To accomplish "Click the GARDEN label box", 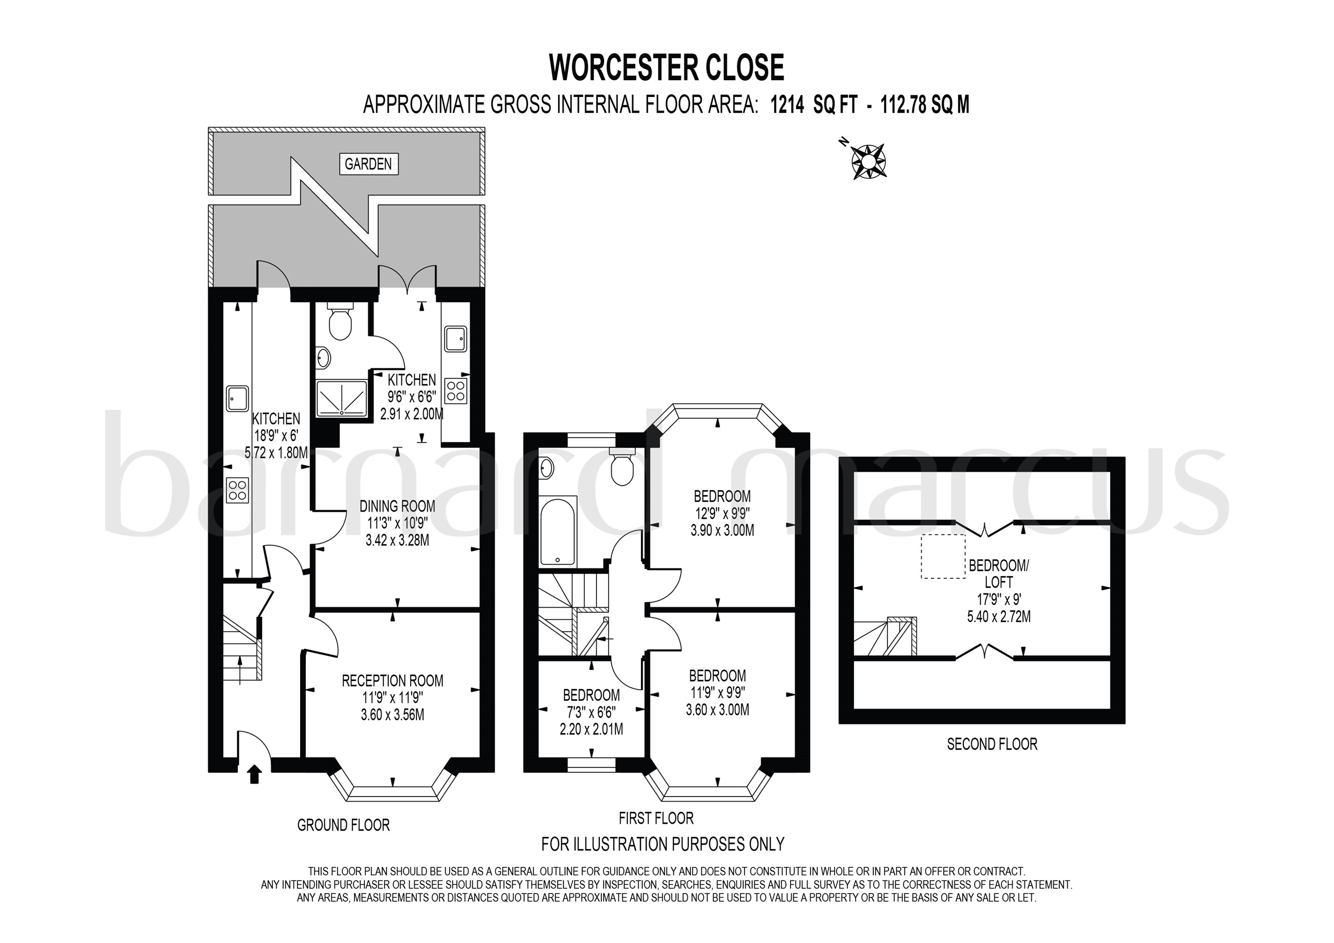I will tap(368, 164).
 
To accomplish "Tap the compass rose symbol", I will tap(868, 161).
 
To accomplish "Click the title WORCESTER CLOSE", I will tap(666, 67).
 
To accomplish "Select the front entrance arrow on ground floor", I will tap(254, 775).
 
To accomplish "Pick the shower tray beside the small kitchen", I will tap(342, 399).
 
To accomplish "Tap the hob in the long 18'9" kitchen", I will tap(238, 489).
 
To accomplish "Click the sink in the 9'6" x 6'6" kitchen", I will tap(455, 339).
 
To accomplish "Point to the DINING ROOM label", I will tap(397, 506).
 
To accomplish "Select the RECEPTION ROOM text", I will tap(392, 680).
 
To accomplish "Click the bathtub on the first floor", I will tap(558, 531).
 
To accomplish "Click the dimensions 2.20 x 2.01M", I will tap(591, 728).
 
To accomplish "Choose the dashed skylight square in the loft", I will tap(943, 556).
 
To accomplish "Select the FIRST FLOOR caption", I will tap(656, 818).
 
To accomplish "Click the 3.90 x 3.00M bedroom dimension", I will tap(722, 530).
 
